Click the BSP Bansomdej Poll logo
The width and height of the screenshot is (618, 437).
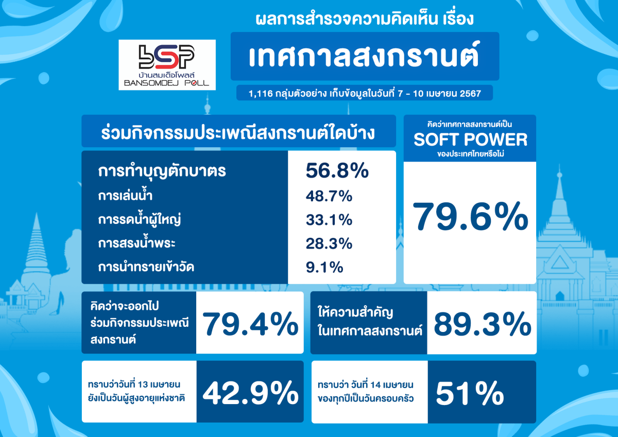(167, 65)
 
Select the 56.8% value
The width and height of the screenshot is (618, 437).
(337, 171)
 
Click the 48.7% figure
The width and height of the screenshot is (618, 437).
(329, 196)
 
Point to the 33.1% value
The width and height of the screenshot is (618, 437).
(329, 220)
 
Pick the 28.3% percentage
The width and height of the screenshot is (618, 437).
(329, 244)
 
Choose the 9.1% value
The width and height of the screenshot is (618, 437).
(324, 268)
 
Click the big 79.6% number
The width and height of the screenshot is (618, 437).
(470, 216)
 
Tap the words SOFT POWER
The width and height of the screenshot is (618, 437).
(470, 139)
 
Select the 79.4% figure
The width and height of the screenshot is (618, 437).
(250, 323)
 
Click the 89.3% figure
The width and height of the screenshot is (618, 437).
(482, 324)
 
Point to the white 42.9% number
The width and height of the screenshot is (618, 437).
(250, 393)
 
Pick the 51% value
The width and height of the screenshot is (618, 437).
(470, 393)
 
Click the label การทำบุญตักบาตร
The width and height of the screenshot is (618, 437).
(162, 171)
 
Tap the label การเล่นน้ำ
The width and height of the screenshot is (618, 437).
(125, 195)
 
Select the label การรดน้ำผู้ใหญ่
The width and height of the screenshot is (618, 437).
(140, 220)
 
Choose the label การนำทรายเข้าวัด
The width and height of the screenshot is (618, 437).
(146, 267)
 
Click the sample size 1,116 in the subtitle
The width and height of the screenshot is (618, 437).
(261, 94)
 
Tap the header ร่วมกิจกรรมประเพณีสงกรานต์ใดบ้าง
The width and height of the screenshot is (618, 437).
(238, 133)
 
